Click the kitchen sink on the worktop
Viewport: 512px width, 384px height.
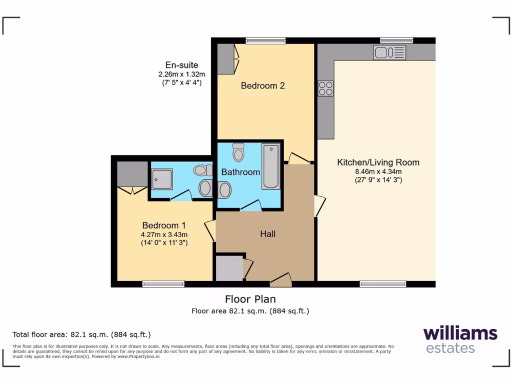coord(389,52)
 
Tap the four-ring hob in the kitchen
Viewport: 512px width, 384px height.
coord(325,88)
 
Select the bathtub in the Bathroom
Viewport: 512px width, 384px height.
coord(271,166)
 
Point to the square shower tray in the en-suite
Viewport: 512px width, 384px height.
coord(161,178)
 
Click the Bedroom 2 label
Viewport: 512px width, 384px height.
coord(262,85)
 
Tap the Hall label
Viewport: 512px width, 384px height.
coord(267,233)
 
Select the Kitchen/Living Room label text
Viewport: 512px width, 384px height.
coord(378,162)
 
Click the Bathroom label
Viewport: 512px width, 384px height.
coord(241,172)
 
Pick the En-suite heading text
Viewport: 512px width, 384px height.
coord(182,65)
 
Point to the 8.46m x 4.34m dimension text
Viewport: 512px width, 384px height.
coord(378,171)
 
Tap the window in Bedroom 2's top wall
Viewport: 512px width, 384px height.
coord(265,40)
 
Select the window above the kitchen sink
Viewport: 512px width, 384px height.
coord(396,40)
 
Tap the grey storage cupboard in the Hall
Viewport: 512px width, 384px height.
coord(228,269)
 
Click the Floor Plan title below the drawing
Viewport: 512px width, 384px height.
coord(250,299)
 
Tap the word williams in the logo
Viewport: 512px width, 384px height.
coord(460,333)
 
